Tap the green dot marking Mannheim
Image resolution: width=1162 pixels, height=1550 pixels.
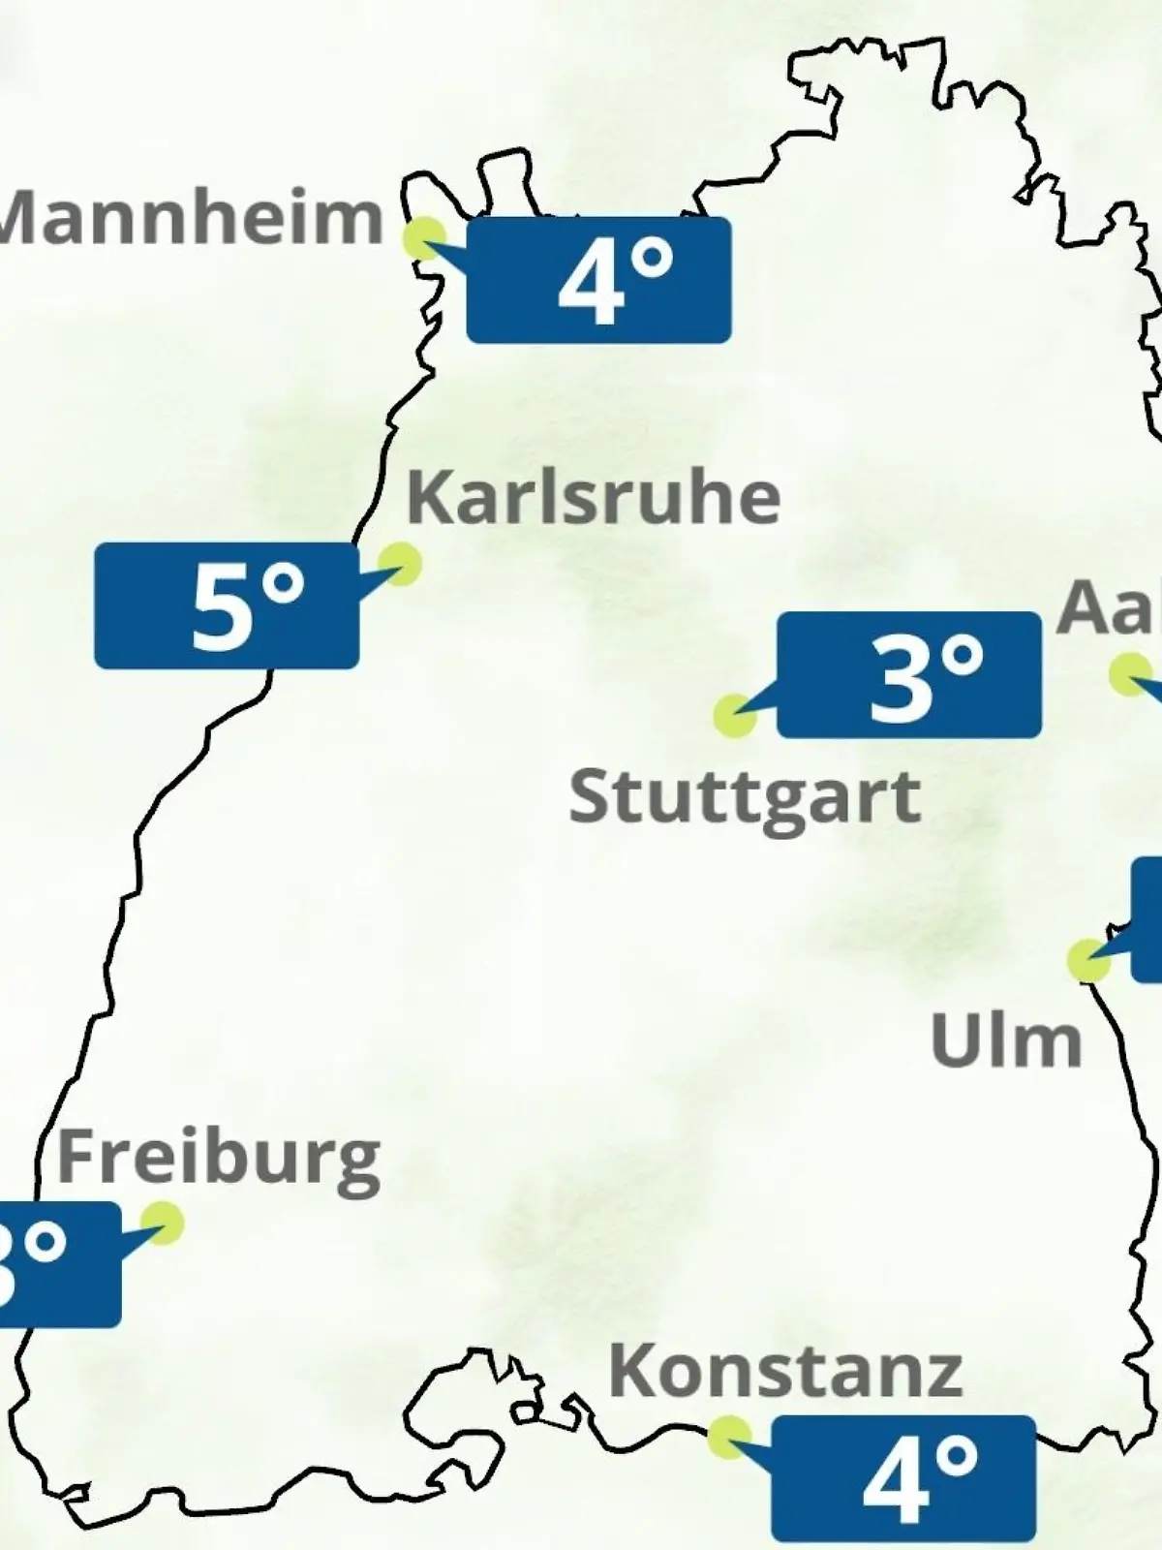424,236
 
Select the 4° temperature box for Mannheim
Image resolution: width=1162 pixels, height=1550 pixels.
598,280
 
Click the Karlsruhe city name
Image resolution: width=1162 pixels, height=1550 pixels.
594,498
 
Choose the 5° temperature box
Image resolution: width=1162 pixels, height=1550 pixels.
227,605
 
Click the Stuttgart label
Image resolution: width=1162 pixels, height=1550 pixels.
744,798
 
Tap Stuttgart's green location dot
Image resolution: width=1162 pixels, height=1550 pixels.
734,716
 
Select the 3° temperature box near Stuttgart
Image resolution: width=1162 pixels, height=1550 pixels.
909,675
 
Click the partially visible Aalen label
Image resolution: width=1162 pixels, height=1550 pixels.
1110,609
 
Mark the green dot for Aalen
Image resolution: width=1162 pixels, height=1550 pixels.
1130,674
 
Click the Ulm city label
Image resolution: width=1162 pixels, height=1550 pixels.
1005,1041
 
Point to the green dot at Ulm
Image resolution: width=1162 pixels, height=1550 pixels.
1088,960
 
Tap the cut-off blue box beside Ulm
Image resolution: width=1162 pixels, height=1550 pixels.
1147,918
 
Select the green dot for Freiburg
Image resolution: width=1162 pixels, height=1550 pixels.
162,1223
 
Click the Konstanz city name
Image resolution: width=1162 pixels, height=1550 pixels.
785,1371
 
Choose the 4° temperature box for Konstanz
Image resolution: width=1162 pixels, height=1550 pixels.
903,1478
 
